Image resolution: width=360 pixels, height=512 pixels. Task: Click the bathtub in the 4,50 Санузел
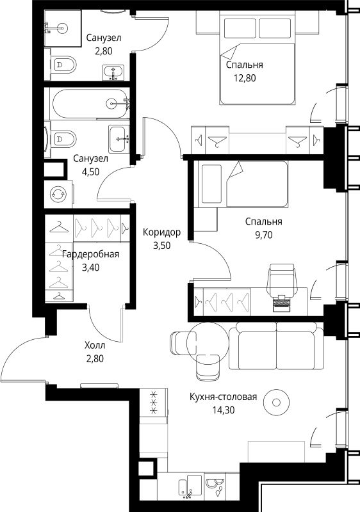point(90,104)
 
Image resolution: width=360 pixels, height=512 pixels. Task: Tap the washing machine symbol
point(58,195)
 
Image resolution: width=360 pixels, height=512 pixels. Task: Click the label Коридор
point(161,232)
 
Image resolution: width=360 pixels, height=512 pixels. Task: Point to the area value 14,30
point(224,410)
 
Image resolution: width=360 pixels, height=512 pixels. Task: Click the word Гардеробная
point(90,254)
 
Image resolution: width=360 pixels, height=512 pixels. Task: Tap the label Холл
point(95,345)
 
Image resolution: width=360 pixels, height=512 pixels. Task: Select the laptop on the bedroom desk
point(282,303)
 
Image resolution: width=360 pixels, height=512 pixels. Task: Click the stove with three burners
point(154,403)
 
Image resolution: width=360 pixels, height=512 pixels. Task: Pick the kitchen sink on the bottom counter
point(190,488)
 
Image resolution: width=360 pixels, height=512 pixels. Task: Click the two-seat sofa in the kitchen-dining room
point(276,346)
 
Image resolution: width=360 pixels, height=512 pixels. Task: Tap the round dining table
point(208,343)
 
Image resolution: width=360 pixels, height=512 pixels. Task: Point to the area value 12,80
point(244,78)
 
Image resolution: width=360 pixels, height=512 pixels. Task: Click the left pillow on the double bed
point(240,28)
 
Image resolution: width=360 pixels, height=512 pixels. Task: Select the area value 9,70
point(264,235)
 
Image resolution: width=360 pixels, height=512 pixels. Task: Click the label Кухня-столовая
point(224,397)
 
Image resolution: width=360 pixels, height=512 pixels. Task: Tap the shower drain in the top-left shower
point(61,28)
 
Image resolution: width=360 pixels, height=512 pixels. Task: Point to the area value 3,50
point(161,245)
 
